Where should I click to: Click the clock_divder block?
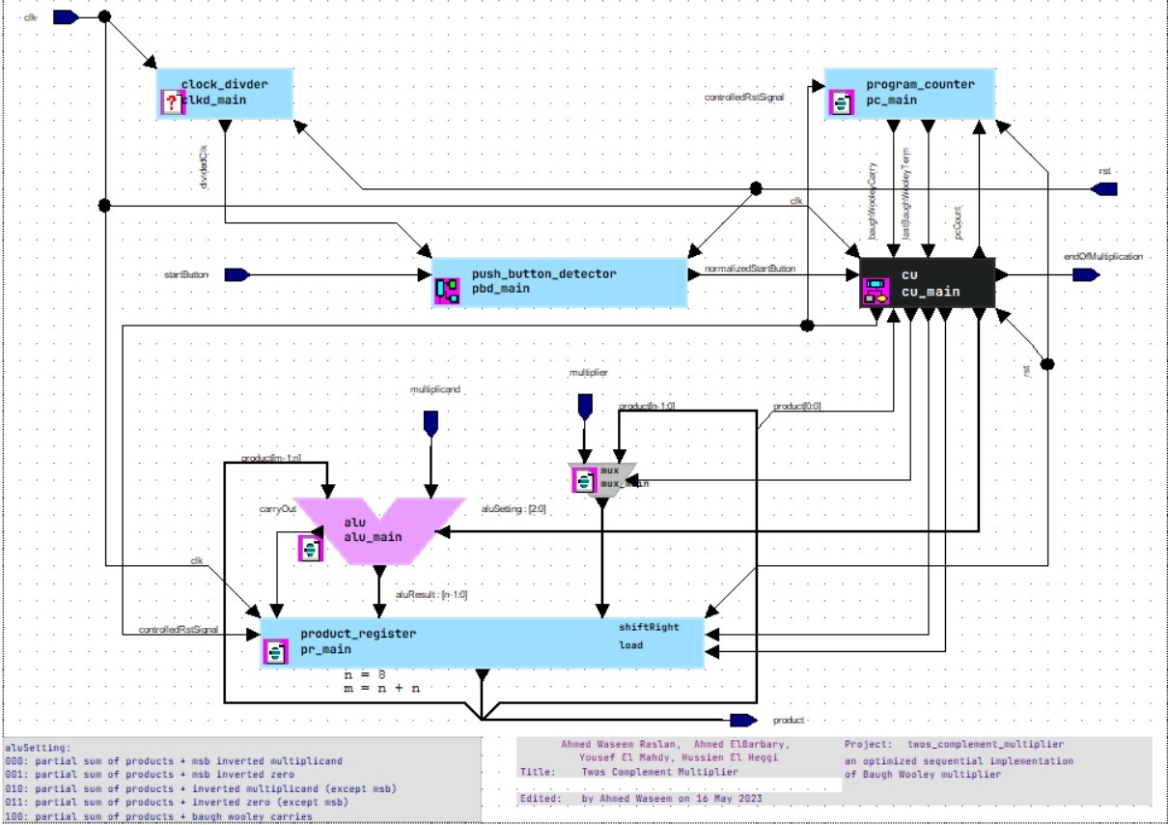coord(225,94)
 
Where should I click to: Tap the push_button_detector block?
coord(559,282)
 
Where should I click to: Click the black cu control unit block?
coord(928,282)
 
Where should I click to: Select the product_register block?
coord(483,641)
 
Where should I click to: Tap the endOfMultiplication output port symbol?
coord(1085,275)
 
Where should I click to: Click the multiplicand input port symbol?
coord(431,422)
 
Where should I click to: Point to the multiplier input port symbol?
coord(583,406)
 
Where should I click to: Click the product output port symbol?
coord(742,720)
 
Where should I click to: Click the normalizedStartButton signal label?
coord(751,269)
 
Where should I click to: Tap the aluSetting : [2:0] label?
coord(514,509)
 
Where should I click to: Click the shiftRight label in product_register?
coord(649,627)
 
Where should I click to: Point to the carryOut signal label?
coord(277,508)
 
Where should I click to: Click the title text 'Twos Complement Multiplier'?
coord(659,772)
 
